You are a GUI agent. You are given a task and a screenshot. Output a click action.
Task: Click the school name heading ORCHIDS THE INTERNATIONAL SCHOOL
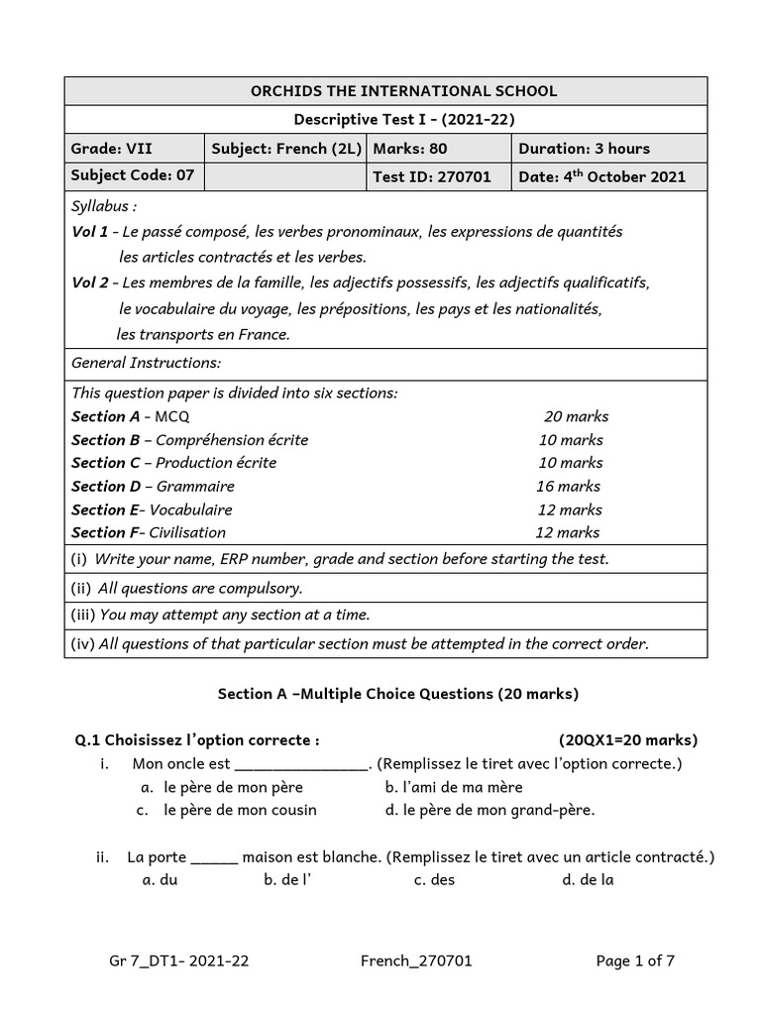pos(385,91)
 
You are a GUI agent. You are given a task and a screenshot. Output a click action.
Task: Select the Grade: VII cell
pos(112,149)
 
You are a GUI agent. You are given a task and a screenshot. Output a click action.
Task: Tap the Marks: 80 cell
pos(409,149)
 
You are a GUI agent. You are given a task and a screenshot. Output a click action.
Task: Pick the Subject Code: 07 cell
pos(133,176)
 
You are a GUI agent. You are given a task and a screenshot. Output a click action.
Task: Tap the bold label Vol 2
pos(90,282)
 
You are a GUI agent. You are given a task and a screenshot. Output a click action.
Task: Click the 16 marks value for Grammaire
pos(568,486)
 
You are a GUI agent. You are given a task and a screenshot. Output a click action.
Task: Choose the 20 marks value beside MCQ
pos(576,416)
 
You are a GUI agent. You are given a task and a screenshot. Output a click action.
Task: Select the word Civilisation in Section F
pos(187,532)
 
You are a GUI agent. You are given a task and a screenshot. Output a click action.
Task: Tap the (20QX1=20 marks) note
pos(627,739)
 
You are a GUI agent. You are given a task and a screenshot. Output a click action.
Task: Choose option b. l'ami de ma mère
pos(453,787)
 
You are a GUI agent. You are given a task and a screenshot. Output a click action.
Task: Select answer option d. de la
pos(588,879)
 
